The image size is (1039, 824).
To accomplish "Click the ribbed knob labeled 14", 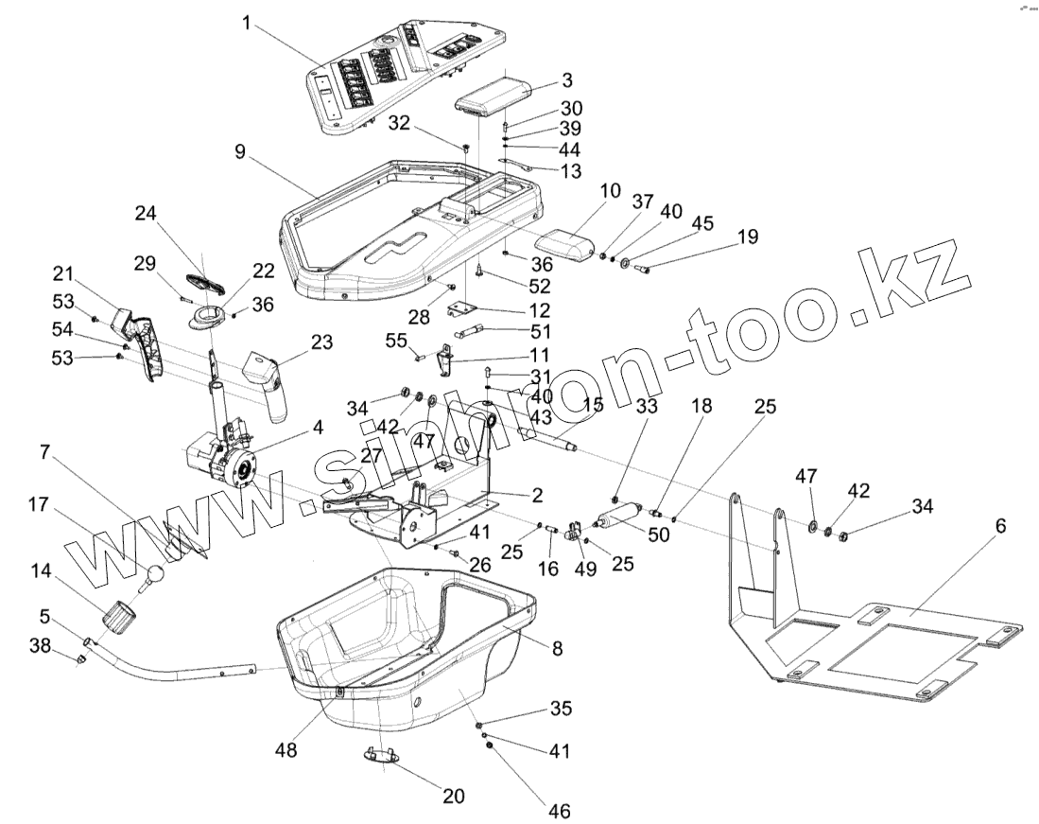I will pos(120,619).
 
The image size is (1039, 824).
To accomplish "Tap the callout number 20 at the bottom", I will pos(454,796).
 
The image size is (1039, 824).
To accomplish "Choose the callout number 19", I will pos(747,237).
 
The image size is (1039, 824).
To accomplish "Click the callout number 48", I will pos(285,749).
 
